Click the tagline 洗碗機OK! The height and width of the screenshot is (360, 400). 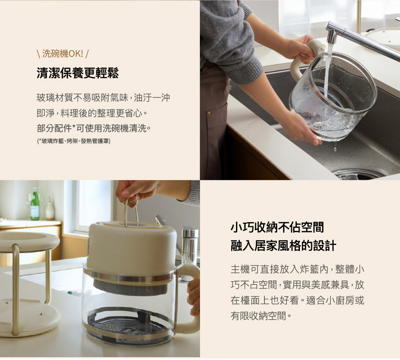[x=63, y=54]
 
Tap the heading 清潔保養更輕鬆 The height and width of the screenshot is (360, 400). [x=78, y=73]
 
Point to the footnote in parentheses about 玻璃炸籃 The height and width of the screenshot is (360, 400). [x=74, y=141]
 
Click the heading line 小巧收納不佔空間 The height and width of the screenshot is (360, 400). [x=277, y=227]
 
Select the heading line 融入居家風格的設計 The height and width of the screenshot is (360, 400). [x=284, y=246]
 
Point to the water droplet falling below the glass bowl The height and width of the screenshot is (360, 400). [x=335, y=148]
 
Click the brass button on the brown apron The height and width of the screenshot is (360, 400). [x=209, y=113]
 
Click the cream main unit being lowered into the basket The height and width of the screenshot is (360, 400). [x=132, y=249]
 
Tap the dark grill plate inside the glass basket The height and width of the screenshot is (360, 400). [x=127, y=323]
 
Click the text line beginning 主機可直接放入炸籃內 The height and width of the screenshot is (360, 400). [x=297, y=269]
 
